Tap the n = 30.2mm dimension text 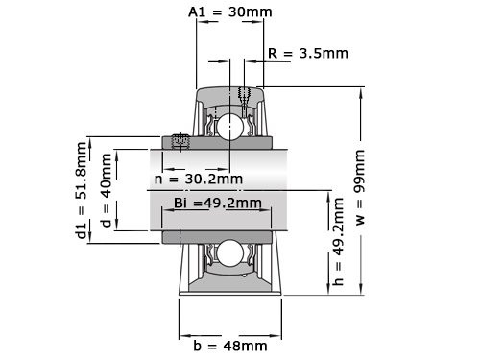199,180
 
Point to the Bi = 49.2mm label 218,203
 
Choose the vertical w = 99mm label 361,188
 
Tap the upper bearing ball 229,126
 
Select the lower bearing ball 229,252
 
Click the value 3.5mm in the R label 324,53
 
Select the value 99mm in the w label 361,170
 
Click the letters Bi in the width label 180,203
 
